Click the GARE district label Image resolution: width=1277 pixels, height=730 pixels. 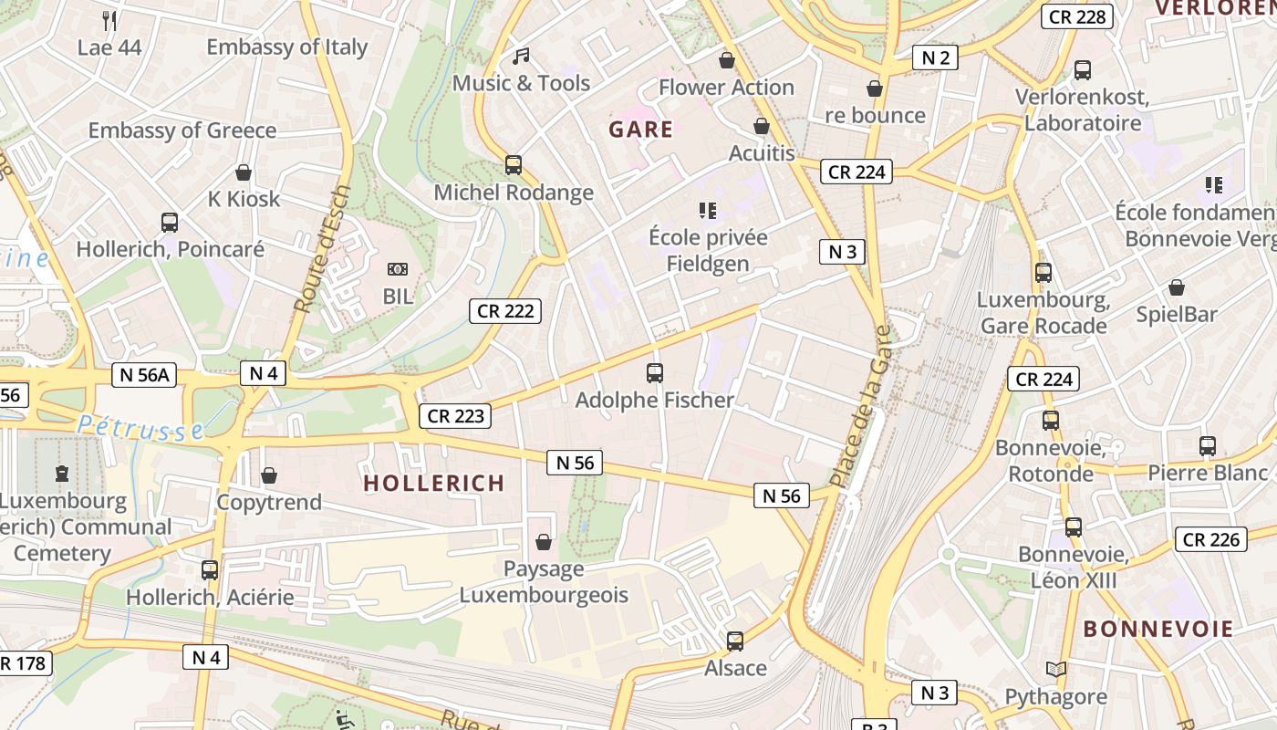(640, 130)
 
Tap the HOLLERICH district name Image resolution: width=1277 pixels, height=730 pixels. (433, 484)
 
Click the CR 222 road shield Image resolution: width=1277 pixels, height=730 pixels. (506, 311)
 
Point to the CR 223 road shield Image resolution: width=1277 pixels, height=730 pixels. (455, 416)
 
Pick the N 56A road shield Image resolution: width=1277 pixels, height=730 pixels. (144, 374)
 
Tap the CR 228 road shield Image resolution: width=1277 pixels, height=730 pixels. (1076, 16)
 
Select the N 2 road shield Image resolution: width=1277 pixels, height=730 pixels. (935, 58)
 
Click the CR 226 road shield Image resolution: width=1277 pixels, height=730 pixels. (1210, 539)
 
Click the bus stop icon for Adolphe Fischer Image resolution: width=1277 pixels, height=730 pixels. (654, 372)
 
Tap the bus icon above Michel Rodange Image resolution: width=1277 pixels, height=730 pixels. (514, 165)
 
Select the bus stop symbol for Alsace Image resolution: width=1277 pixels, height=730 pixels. (735, 641)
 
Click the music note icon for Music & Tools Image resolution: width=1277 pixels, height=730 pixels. (521, 57)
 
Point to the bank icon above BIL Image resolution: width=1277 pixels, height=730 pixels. (397, 269)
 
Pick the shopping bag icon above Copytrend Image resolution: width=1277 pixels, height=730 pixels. (269, 475)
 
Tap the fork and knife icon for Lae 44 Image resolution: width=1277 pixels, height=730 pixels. (109, 20)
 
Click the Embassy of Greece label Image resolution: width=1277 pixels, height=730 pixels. (182, 130)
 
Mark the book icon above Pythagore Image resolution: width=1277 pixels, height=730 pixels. (1055, 669)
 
